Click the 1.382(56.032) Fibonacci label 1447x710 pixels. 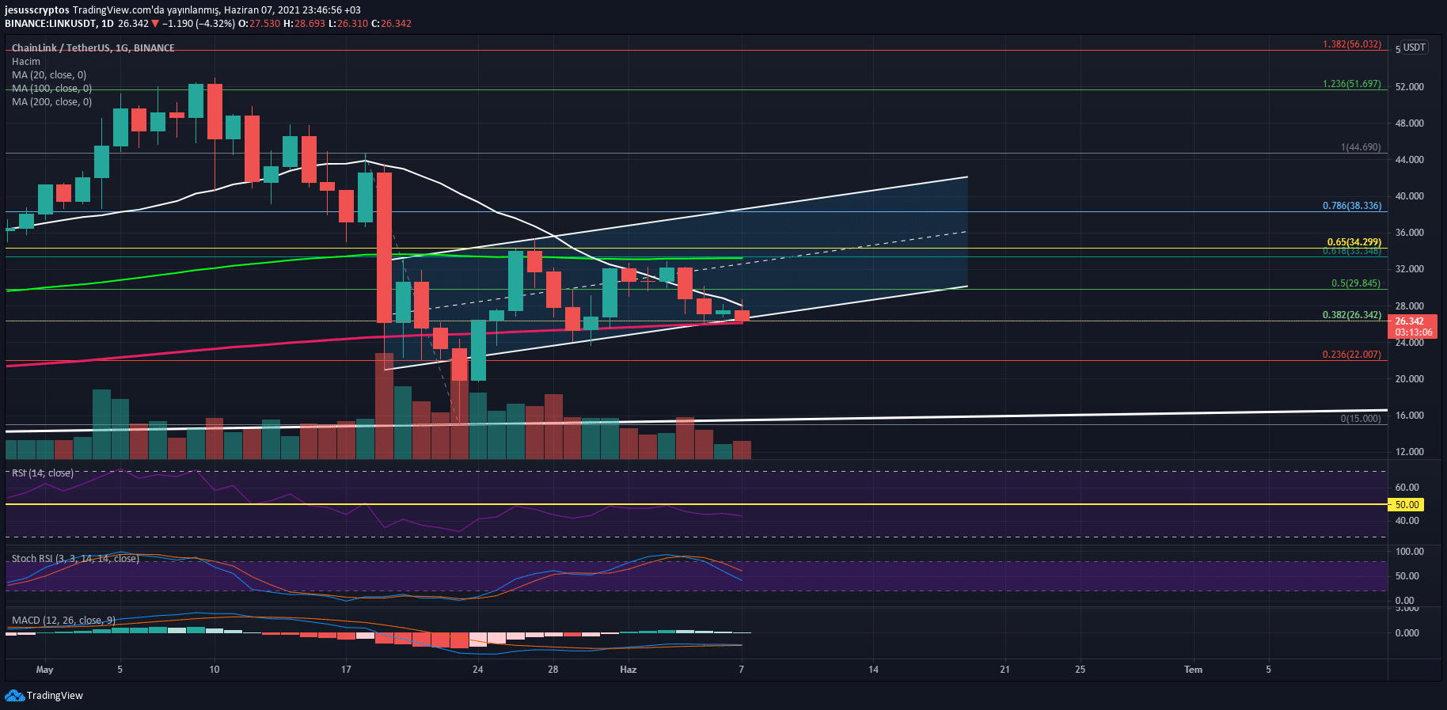[1351, 44]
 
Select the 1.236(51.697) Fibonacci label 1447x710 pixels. [1351, 84]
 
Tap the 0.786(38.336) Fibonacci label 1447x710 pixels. [1351, 206]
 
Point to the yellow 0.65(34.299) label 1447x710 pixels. [1354, 242]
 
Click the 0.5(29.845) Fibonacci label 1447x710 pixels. [1355, 283]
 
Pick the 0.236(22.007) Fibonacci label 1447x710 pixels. [1351, 355]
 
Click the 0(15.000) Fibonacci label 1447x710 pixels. [1360, 419]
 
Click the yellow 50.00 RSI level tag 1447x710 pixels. [1406, 504]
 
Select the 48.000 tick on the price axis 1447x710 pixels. [1409, 123]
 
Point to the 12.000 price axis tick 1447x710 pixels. [1409, 452]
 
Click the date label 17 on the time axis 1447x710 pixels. [346, 670]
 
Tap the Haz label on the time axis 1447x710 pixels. [628, 670]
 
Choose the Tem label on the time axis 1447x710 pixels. [1193, 670]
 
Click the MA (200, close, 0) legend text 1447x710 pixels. [51, 102]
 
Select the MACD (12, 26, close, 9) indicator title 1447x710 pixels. [63, 621]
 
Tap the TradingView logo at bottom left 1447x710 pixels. [44, 696]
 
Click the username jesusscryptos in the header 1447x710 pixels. [37, 10]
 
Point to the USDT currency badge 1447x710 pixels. [1414, 47]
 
